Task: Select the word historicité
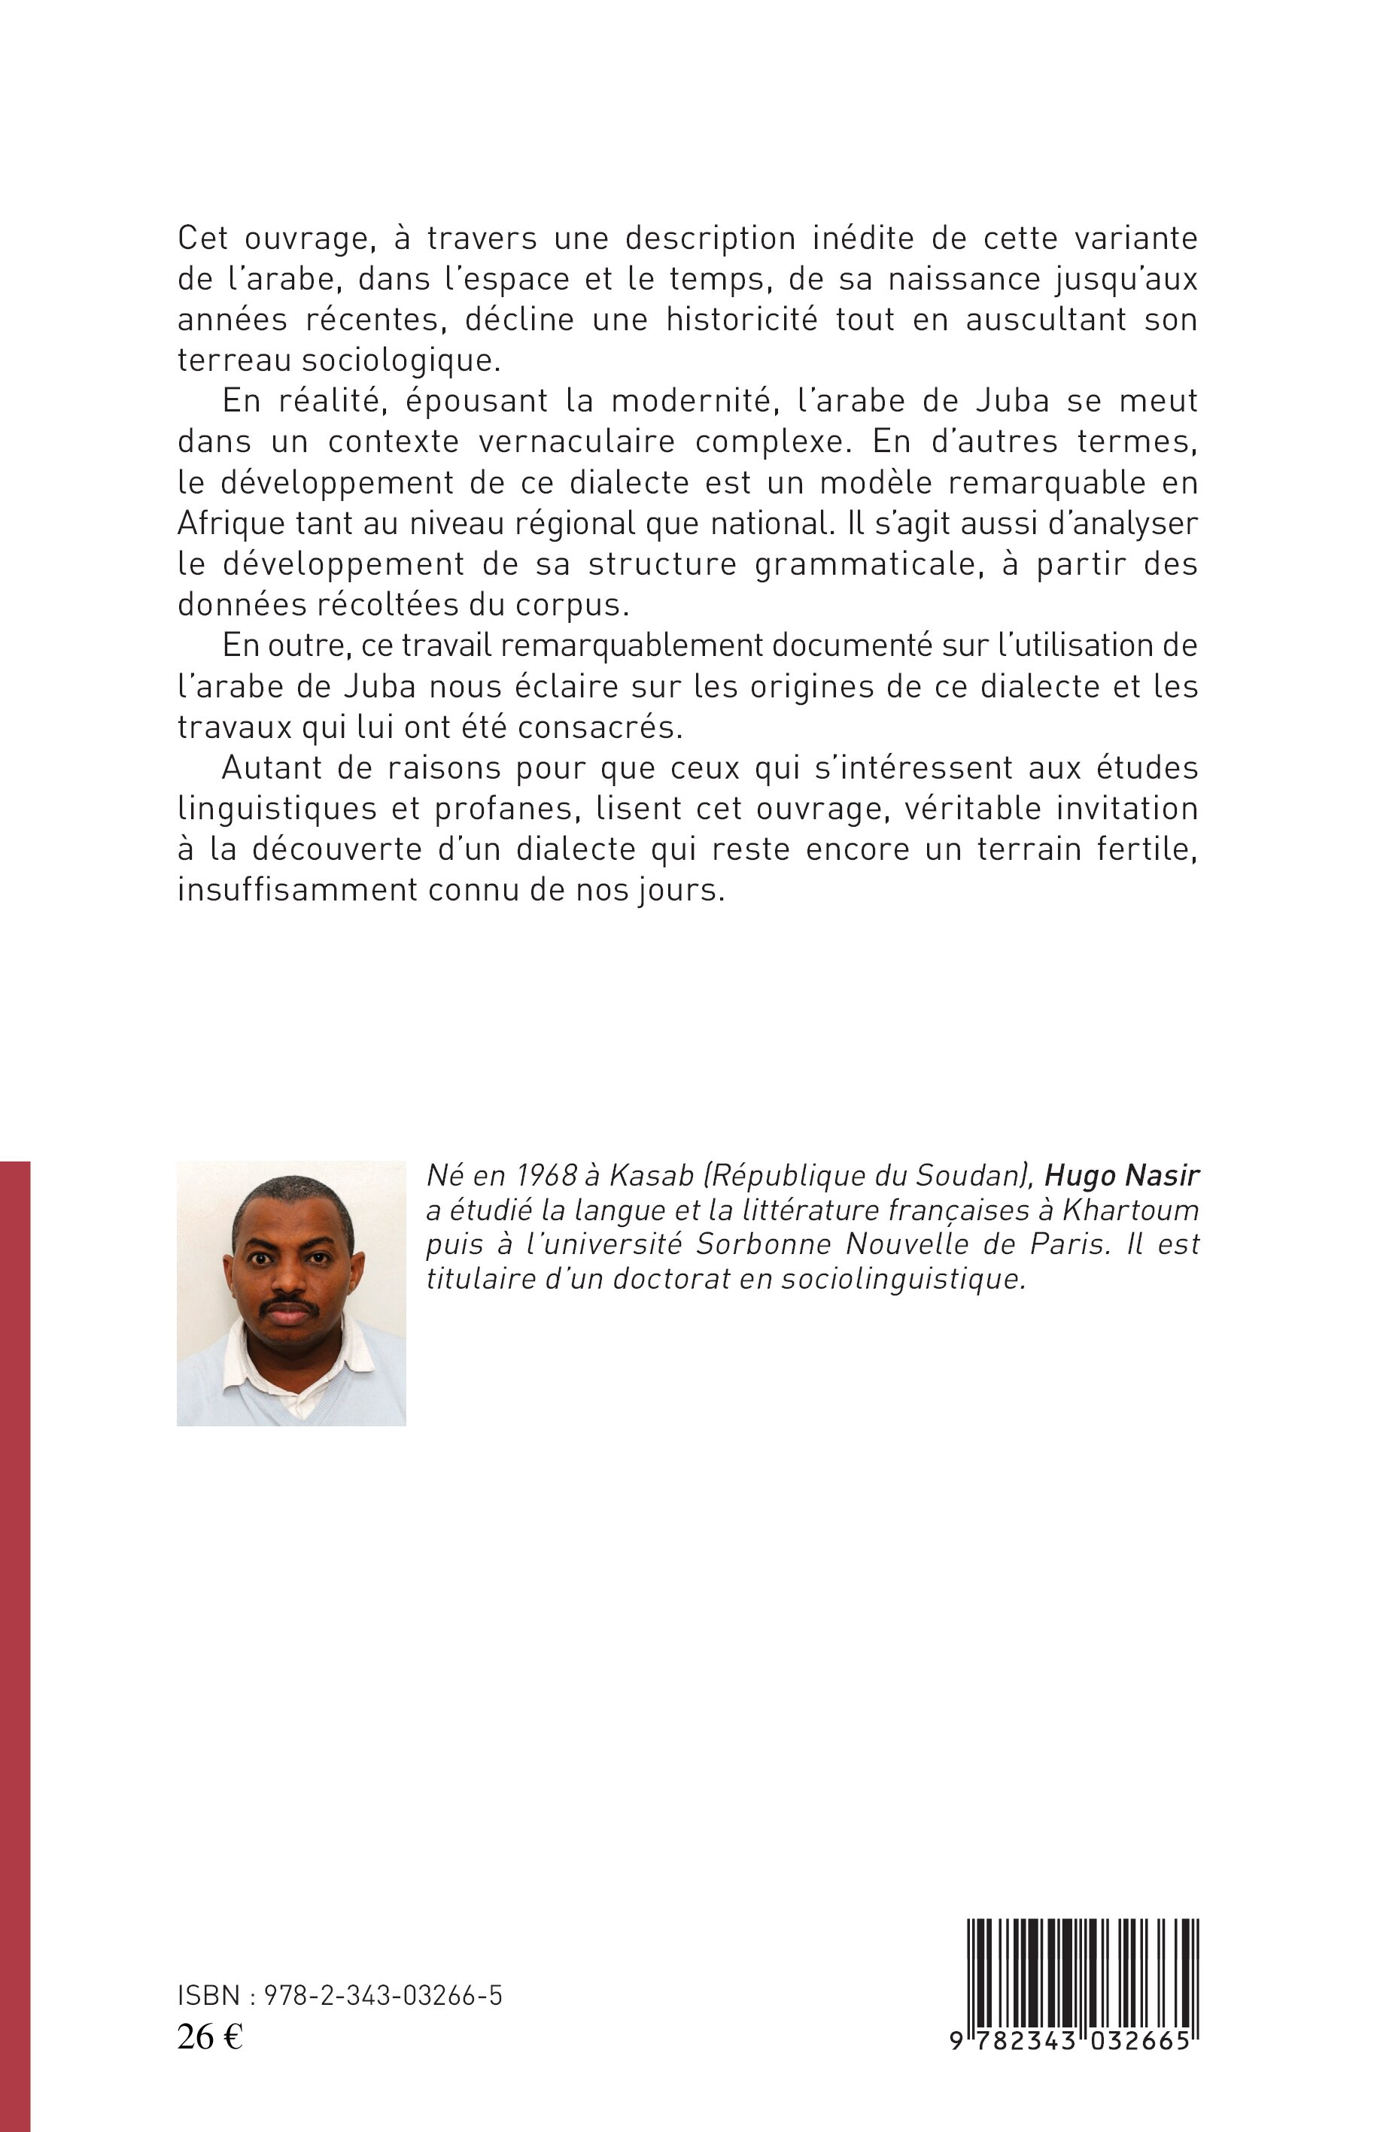[x=741, y=320]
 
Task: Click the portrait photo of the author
[x=291, y=1292]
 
